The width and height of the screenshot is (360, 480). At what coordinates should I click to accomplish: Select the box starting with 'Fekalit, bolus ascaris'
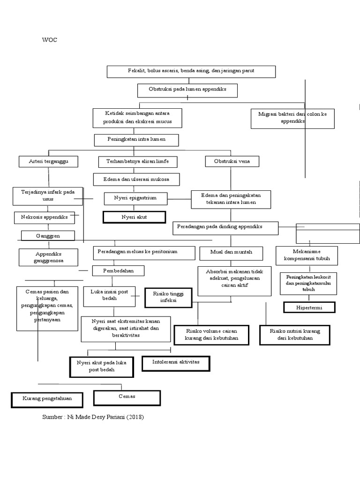click(191, 71)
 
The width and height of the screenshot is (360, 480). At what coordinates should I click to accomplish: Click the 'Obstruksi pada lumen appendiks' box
click(187, 90)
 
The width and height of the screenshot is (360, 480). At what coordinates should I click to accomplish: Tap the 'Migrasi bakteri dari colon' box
click(292, 118)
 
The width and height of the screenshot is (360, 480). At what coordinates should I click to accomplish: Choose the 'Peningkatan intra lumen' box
click(137, 140)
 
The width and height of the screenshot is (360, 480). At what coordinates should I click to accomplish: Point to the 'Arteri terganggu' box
click(48, 162)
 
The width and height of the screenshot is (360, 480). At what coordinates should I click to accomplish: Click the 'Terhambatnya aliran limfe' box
click(137, 162)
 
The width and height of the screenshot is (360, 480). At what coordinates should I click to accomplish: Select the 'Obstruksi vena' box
click(232, 162)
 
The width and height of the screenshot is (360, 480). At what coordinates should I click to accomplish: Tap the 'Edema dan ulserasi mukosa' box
click(136, 180)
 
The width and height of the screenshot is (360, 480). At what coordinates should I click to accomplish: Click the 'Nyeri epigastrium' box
click(135, 199)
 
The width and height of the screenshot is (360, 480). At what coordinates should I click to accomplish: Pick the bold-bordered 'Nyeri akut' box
click(134, 217)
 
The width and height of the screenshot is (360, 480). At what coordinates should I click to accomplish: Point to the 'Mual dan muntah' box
click(231, 253)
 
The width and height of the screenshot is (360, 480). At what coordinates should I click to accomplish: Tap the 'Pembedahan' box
click(118, 271)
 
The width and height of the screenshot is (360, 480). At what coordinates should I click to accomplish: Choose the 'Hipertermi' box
click(309, 307)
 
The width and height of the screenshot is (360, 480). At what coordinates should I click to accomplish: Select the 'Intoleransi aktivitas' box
click(176, 363)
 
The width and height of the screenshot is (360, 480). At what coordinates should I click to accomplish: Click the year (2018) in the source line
click(134, 417)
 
